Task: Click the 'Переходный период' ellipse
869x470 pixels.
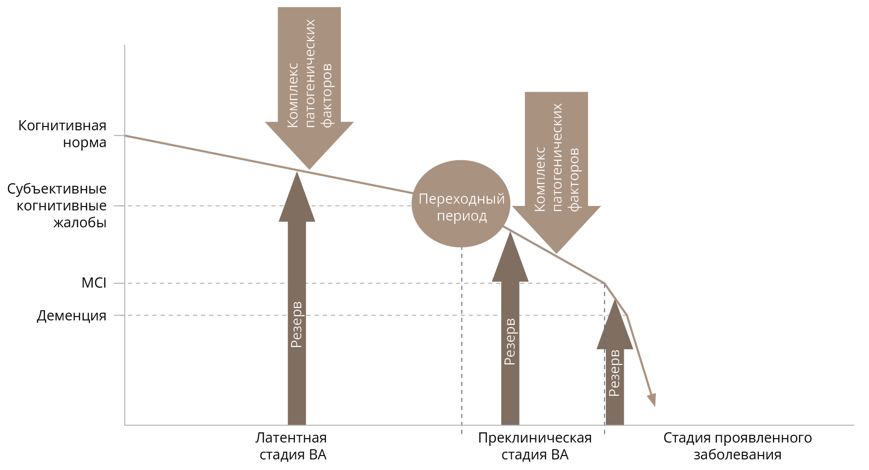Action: click(461, 204)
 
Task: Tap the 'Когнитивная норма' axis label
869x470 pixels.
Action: click(62, 134)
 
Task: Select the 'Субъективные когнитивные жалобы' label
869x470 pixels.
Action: click(57, 206)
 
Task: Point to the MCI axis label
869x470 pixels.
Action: click(94, 283)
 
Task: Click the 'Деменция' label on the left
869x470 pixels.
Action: click(71, 316)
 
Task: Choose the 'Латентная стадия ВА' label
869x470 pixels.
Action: click(292, 446)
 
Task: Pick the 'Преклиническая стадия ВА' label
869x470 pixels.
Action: click(534, 446)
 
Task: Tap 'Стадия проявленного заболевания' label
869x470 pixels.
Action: click(737, 446)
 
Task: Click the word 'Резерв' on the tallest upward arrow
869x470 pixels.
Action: click(296, 325)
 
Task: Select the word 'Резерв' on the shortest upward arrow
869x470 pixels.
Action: click(614, 373)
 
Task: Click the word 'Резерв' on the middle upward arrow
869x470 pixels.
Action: click(510, 342)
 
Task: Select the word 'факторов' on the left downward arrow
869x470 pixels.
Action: click(327, 95)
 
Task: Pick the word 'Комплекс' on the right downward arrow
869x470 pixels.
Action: click(539, 179)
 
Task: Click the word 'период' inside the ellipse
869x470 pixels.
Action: click(462, 216)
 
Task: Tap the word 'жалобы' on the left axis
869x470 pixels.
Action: click(80, 222)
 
